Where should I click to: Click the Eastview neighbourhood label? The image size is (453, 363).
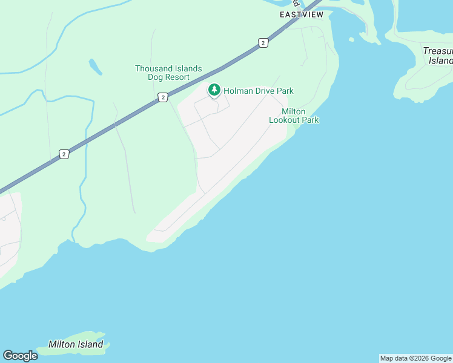pos(302,14)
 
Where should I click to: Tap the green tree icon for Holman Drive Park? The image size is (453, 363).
pos(214,90)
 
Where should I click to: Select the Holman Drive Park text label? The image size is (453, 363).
pos(259,91)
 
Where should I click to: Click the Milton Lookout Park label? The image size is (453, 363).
pos(294,116)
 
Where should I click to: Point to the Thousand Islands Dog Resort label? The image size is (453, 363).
pos(168,73)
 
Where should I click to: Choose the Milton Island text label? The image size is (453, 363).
pos(76,344)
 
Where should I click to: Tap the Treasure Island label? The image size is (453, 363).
pos(438,56)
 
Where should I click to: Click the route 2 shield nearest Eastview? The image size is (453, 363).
pos(263,42)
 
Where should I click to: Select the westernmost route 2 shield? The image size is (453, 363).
pos(64,154)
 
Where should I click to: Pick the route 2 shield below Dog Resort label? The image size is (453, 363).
pos(162,97)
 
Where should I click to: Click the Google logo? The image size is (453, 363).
pos(20,355)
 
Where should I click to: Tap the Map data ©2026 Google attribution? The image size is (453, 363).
pos(415,358)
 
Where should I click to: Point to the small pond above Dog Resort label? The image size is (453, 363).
pos(95,67)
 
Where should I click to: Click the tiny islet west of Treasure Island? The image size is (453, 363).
pos(351,40)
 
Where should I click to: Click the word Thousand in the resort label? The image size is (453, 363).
pos(153,69)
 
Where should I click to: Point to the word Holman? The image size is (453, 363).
pos(237,91)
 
